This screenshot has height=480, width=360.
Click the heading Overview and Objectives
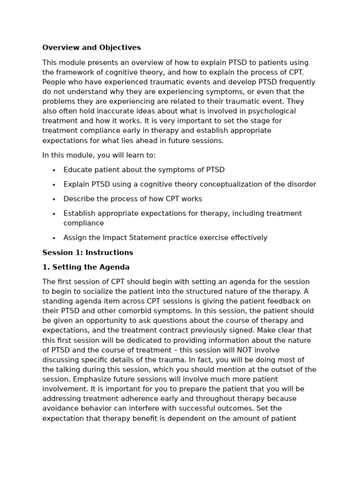(x=91, y=48)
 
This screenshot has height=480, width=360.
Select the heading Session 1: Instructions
(x=88, y=253)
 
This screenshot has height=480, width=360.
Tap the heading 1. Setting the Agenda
(x=86, y=267)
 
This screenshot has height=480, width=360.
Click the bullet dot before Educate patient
(x=54, y=170)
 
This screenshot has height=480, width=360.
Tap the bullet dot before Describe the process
(x=54, y=199)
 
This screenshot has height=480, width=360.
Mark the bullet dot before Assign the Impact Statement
(x=54, y=238)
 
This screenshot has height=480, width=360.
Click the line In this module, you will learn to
(x=99, y=155)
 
